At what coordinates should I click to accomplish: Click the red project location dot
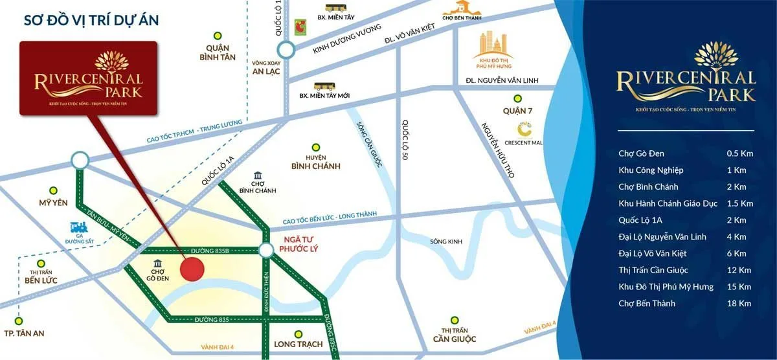pos(192,268)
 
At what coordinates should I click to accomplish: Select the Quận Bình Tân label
pos(218,52)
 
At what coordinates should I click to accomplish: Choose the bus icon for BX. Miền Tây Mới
pos(323,85)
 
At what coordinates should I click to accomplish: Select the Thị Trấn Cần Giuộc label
pos(455,335)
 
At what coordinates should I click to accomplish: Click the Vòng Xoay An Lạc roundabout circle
pos(286,49)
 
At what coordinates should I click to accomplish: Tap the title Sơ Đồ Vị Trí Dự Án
pos(91,20)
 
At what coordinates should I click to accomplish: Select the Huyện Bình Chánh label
pos(315,162)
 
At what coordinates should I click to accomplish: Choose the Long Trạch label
pos(298,344)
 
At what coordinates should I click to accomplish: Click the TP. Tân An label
pos(23,334)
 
